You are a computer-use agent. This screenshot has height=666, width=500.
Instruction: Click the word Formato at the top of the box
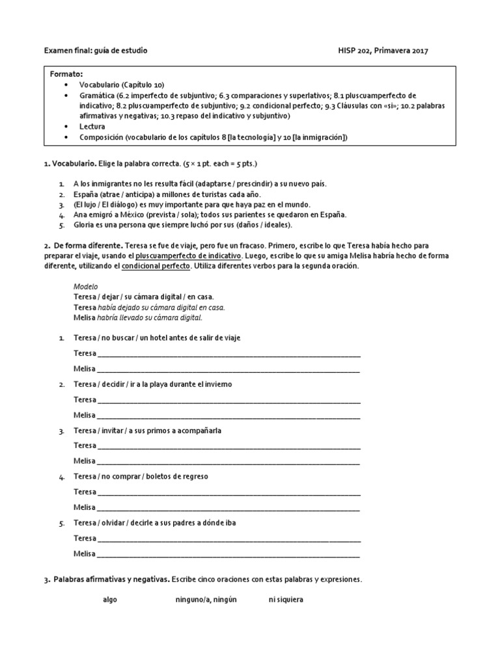pyautogui.click(x=66, y=74)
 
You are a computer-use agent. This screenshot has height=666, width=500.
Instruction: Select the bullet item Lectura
pyautogui.click(x=93, y=127)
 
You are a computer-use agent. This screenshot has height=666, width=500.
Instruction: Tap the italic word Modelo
pyautogui.click(x=85, y=286)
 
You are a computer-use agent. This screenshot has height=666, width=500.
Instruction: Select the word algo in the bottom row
pyautogui.click(x=109, y=600)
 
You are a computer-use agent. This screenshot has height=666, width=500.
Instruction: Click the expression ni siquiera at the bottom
pyautogui.click(x=286, y=600)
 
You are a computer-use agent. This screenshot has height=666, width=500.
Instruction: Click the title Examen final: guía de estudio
pyautogui.click(x=95, y=50)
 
